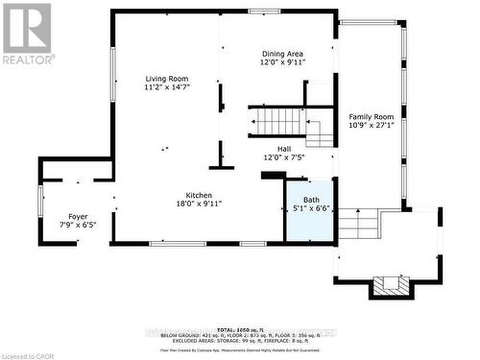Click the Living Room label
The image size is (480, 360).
tap(166, 79)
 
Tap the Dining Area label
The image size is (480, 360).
tap(283, 54)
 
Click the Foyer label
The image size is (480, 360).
tap(78, 216)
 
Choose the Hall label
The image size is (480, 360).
tap(284, 148)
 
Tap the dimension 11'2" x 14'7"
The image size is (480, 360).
tap(166, 87)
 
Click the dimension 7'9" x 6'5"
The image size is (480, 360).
tap(78, 225)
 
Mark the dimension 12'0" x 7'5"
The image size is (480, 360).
tap(284, 156)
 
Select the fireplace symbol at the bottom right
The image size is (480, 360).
tap(391, 284)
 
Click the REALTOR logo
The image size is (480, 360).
tap(28, 33)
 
